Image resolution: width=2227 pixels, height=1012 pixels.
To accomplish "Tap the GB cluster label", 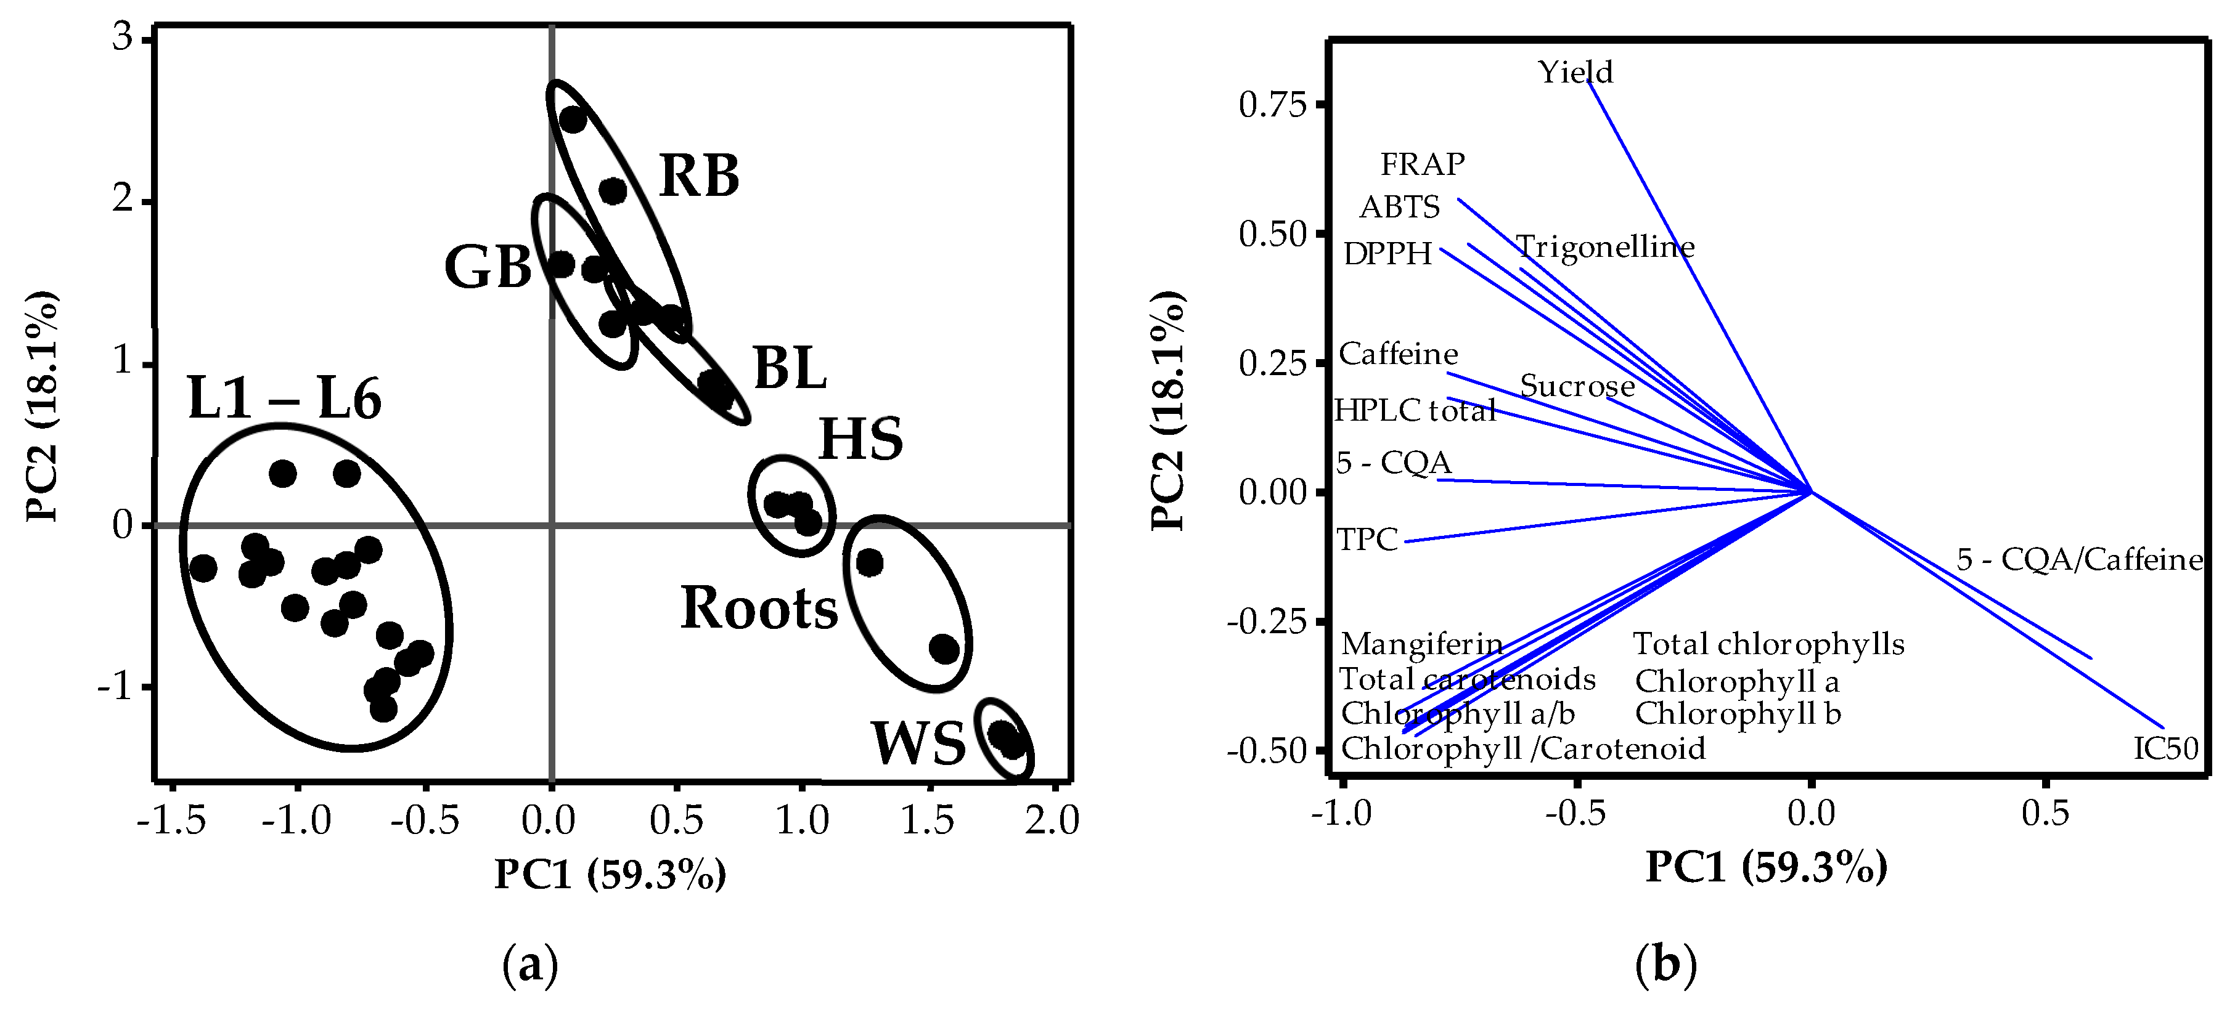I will (488, 267).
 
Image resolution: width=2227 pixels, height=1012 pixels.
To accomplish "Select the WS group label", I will (918, 743).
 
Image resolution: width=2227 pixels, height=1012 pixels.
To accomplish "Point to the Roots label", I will (759, 609).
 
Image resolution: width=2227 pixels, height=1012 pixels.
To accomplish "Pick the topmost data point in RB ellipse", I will (572, 119).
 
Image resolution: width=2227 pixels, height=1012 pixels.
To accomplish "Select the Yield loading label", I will (1574, 71).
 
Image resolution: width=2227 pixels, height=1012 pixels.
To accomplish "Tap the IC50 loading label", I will (2165, 748).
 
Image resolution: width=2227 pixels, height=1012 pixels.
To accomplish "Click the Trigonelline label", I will (1606, 248).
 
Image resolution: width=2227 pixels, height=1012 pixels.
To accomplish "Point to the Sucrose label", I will (1577, 386).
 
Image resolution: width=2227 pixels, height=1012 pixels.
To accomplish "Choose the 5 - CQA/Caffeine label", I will (2079, 560).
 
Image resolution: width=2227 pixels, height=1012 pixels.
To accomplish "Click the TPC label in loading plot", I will (1367, 540).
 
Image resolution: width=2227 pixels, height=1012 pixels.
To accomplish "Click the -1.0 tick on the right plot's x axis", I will (1341, 813).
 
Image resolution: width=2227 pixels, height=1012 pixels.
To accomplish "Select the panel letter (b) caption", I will (1665, 965).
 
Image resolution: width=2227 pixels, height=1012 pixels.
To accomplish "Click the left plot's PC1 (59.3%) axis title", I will (610, 875).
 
